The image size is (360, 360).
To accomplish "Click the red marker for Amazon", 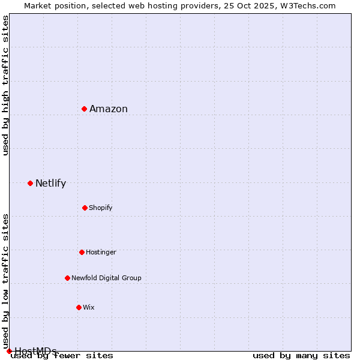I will point(85,109).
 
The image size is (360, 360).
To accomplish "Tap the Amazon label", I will point(109,109).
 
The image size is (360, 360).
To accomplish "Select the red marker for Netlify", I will point(30,183).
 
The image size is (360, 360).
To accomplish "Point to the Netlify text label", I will point(50,184).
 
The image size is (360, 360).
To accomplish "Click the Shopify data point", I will point(85,208).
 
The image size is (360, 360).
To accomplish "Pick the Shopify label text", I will point(100,208).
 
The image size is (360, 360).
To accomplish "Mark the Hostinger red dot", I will point(82,252).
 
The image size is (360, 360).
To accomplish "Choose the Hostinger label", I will point(101,253).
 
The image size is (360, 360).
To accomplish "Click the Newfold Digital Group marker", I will point(67,278).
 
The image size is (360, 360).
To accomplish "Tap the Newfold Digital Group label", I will point(106,278).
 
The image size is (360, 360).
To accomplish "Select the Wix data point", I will point(79,307).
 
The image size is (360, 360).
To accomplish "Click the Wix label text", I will point(89,308).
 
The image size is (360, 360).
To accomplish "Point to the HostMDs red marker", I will point(9,351).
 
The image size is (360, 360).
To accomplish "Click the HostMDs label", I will point(35,351).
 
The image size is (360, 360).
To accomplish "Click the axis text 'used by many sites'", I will point(301,356).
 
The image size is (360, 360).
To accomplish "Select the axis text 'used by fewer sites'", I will point(62,356).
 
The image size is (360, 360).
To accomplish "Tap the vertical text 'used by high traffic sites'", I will point(5,85).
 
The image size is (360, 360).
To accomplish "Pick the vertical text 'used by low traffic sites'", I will point(5,281).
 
